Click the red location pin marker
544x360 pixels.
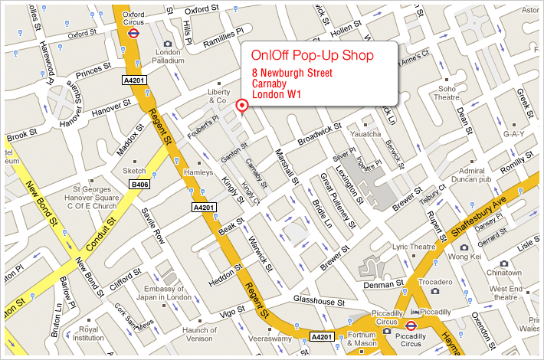coord(243,106)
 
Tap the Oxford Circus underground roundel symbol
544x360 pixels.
coord(134,33)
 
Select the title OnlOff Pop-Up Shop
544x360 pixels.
coord(312,56)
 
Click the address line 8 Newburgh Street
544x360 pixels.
coord(297,73)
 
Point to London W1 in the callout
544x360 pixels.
coord(277,94)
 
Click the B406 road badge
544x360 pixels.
coord(139,185)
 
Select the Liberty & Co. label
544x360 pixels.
coord(218,96)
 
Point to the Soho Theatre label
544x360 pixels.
coord(446,93)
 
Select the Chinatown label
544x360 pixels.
coord(504,272)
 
